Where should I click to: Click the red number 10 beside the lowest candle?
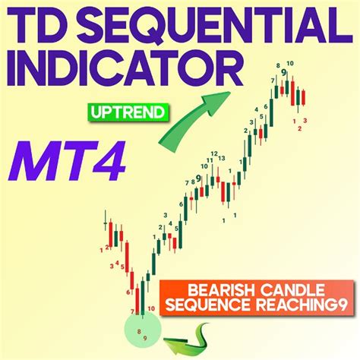tap(152, 308)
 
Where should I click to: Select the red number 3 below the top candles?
tap(305, 120)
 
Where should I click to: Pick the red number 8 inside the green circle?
tap(137, 332)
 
